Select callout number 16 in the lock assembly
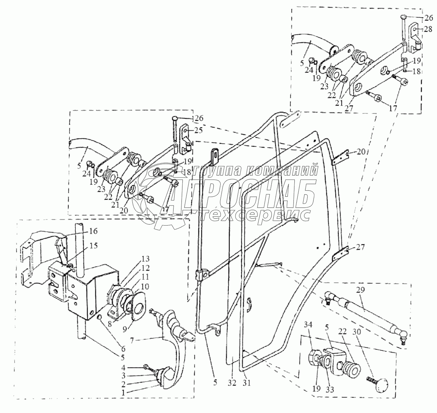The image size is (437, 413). click(x=93, y=232)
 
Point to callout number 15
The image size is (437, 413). click(x=93, y=245)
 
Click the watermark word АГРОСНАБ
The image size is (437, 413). click(x=242, y=193)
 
